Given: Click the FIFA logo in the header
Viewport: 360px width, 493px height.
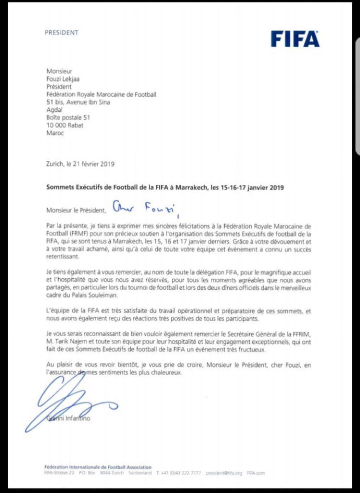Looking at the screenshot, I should pyautogui.click(x=295, y=39).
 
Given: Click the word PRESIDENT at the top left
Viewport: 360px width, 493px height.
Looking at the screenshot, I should pyautogui.click(x=61, y=33).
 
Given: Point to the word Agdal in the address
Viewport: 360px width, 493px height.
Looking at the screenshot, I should pyautogui.click(x=54, y=110).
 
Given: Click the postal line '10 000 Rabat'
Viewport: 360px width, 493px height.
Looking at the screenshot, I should pyautogui.click(x=65, y=126).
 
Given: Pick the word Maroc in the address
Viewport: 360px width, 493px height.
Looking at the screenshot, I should pyautogui.click(x=55, y=133).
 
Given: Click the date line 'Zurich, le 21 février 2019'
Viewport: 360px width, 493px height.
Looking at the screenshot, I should pyautogui.click(x=80, y=164).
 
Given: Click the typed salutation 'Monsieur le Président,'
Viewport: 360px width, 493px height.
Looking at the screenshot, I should pyautogui.click(x=77, y=210).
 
